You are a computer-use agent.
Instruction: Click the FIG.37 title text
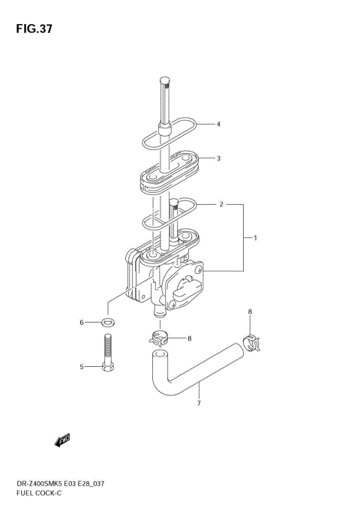pos(34,29)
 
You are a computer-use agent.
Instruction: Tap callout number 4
pos(218,124)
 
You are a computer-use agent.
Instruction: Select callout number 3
pos(218,158)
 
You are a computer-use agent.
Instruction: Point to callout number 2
pos(221,204)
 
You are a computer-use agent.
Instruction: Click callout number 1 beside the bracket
pos(255,238)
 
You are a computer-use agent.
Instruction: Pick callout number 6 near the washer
pos(82,323)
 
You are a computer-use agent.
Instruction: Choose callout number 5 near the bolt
pos(82,367)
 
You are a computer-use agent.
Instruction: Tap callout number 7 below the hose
pos(199,404)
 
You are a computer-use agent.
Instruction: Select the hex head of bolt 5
pos(108,367)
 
